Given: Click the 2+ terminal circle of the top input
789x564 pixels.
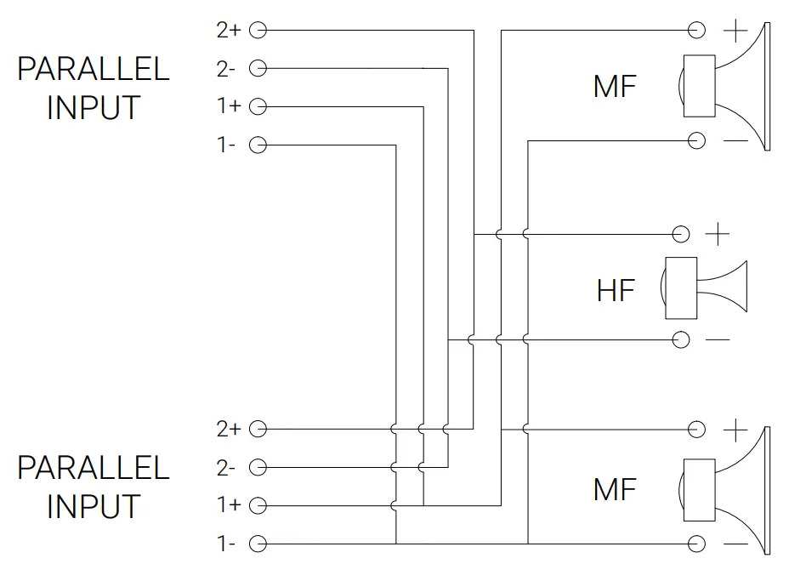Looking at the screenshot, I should [258, 31].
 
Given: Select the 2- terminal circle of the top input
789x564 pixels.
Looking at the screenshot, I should [258, 68].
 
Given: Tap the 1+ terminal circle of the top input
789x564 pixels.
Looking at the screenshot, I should [258, 106].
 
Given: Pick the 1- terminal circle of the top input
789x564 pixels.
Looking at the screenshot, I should [258, 145].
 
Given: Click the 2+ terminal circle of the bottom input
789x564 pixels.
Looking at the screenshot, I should [258, 429].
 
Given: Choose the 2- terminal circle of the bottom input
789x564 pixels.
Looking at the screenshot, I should [258, 467].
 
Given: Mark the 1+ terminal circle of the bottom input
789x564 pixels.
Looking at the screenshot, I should [258, 505].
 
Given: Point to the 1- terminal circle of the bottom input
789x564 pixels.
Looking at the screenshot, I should [258, 544].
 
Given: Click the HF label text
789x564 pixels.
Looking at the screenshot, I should [615, 290].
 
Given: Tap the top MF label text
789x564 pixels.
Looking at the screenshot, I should [615, 86].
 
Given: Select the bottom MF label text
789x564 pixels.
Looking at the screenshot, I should [615, 489].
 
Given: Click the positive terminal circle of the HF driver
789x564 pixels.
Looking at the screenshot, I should [680, 233].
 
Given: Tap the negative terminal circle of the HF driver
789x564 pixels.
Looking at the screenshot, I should [680, 340].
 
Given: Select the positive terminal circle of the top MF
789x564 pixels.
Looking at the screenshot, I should [697, 31].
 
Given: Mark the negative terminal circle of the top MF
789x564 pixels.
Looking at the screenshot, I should [697, 140].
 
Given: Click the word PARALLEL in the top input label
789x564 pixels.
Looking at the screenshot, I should [94, 69].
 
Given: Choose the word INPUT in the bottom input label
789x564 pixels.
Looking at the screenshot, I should [94, 506].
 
